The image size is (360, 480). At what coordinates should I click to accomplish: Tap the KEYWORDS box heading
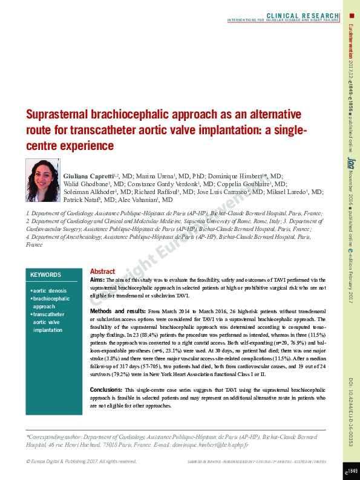[x=45, y=275]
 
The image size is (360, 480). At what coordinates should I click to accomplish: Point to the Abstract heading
[x=102, y=272]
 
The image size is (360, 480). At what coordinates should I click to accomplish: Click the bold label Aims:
[x=97, y=281]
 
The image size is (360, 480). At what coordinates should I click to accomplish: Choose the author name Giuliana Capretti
[x=89, y=175]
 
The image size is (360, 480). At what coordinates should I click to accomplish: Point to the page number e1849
[x=351, y=470]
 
